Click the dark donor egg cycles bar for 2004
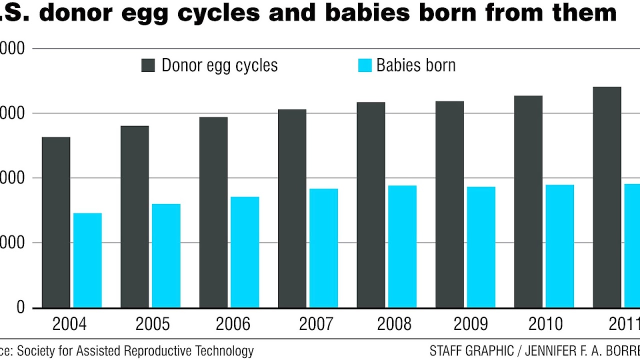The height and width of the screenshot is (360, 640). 56,222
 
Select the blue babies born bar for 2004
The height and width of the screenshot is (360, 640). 87,260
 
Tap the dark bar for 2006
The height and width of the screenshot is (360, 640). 213,212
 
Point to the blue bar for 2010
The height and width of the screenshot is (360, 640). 559,246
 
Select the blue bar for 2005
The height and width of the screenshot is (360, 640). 166,255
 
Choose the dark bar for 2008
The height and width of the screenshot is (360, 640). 371,205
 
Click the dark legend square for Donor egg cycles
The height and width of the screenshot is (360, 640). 148,65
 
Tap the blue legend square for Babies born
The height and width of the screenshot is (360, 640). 365,65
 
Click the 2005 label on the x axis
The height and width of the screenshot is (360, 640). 152,324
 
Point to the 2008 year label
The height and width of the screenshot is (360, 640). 394,324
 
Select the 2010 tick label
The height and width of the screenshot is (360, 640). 545,324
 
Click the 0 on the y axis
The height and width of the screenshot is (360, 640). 20,307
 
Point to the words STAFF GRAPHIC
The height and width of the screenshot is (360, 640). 471,350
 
